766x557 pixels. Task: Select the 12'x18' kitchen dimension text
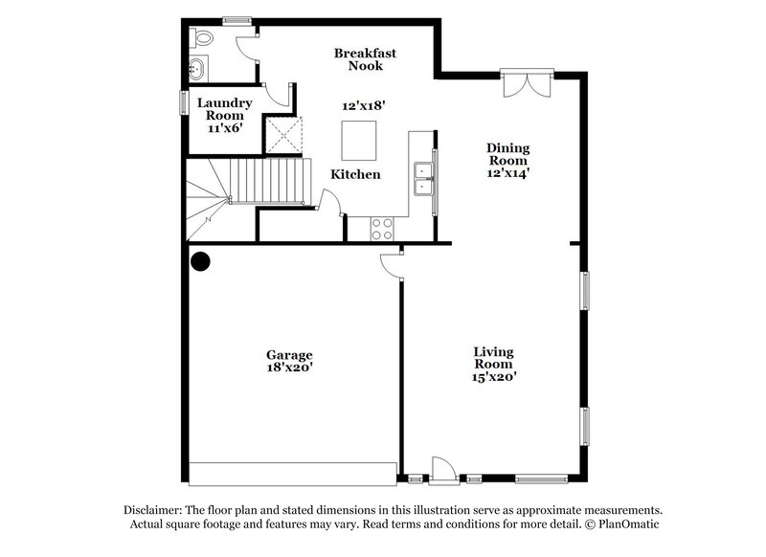(x=364, y=107)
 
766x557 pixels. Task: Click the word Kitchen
(x=356, y=174)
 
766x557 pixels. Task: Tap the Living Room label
(x=494, y=364)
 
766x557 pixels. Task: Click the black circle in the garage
(x=200, y=260)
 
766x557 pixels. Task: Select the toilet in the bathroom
(x=200, y=38)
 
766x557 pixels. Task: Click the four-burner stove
(x=381, y=229)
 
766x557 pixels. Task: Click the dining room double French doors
(x=527, y=83)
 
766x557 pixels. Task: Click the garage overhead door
(x=293, y=473)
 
